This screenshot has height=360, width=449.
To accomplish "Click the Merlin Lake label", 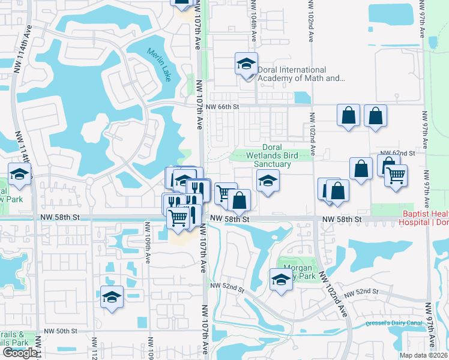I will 159,61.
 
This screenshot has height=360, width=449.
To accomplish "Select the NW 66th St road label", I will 222,107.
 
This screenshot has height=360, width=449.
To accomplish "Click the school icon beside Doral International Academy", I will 246,64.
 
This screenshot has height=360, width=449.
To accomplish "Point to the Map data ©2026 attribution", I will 423,355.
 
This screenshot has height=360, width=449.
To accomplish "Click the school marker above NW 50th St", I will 112,297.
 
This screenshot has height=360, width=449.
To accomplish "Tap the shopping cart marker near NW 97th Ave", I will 396,176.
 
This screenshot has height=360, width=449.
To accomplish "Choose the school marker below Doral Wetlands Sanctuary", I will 268,181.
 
